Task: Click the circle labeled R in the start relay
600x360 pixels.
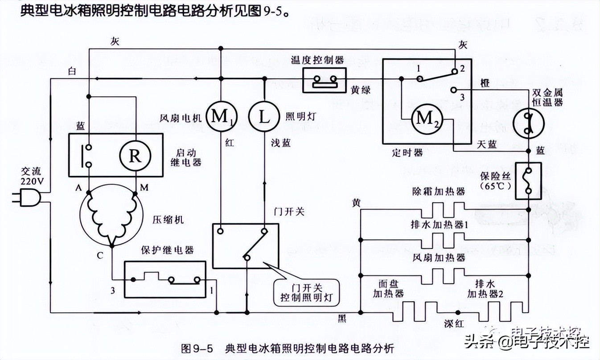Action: tap(135, 156)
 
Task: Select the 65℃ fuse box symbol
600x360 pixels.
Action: tap(528, 180)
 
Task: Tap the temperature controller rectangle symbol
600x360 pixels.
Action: tap(324, 80)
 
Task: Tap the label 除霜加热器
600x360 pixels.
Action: tap(438, 191)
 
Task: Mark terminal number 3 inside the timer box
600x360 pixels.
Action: tap(462, 97)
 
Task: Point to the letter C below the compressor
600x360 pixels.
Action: tap(101, 255)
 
